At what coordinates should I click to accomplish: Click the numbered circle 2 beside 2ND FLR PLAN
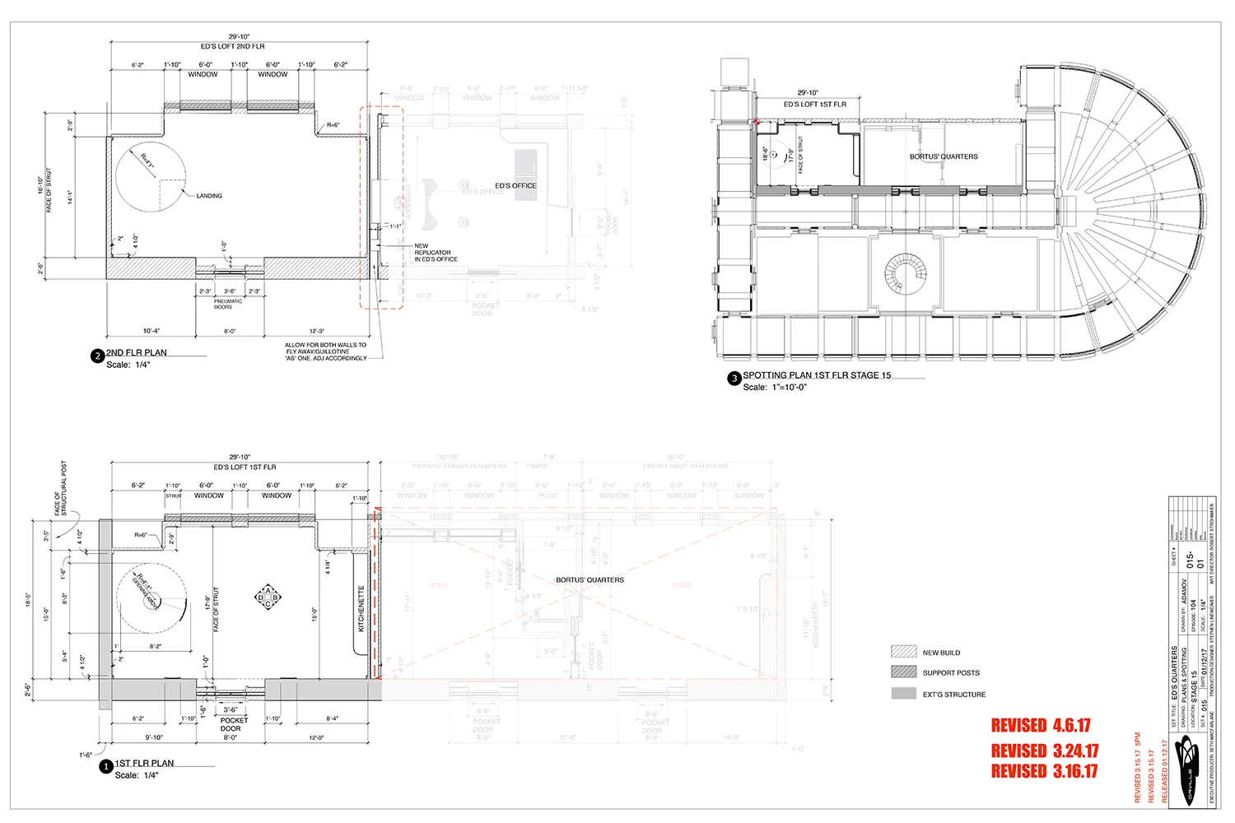pyautogui.click(x=98, y=356)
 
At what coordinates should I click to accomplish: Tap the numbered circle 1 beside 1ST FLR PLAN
pyautogui.click(x=105, y=767)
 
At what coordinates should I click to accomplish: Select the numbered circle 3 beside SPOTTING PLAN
pyautogui.click(x=734, y=379)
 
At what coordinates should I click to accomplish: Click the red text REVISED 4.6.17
pyautogui.click(x=1041, y=726)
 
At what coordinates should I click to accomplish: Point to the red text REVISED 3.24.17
pyautogui.click(x=1044, y=751)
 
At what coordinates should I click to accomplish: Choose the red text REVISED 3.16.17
pyautogui.click(x=1044, y=771)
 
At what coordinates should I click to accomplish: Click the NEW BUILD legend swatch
pyautogui.click(x=903, y=651)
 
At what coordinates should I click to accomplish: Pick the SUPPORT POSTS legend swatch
pyautogui.click(x=903, y=672)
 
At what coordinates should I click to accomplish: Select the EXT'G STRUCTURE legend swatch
pyautogui.click(x=903, y=694)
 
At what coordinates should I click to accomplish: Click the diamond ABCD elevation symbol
pyautogui.click(x=268, y=597)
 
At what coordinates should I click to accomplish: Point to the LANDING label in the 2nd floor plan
pyautogui.click(x=209, y=196)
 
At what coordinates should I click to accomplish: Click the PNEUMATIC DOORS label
pyautogui.click(x=228, y=304)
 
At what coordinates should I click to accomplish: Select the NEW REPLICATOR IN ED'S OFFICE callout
pyautogui.click(x=435, y=253)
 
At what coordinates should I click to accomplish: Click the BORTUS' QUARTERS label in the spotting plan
pyautogui.click(x=944, y=156)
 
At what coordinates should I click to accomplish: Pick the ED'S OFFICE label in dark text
pyautogui.click(x=515, y=186)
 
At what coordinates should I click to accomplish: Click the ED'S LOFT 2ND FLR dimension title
pyautogui.click(x=233, y=47)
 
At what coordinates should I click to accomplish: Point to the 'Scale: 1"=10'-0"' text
pyautogui.click(x=774, y=388)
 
